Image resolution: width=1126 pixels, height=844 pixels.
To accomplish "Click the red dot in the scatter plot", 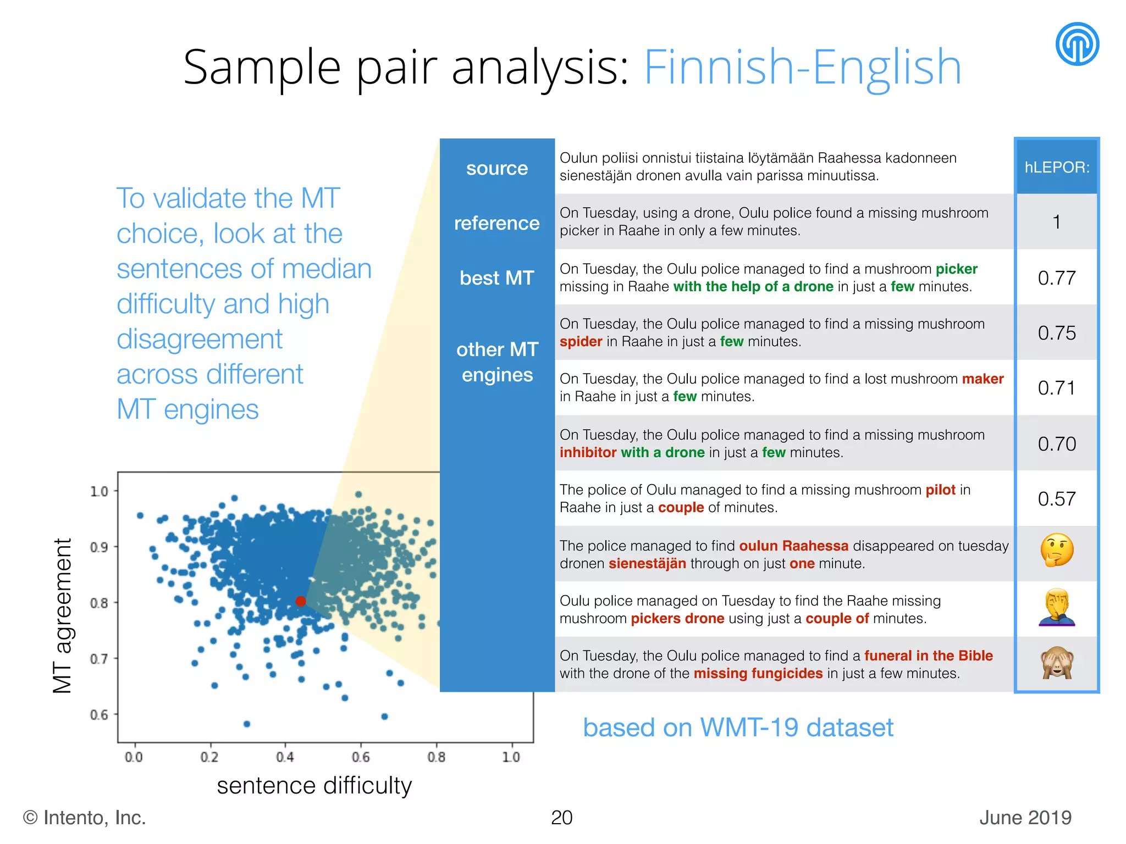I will [300, 601].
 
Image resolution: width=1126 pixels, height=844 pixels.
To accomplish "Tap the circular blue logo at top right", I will [1077, 44].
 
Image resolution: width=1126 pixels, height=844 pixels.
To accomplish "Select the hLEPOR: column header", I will [1057, 167].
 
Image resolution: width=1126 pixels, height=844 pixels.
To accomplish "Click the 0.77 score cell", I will [1057, 278].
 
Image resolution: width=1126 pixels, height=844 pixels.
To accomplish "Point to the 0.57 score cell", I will [1057, 499].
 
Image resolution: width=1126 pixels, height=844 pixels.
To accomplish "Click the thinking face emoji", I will [1057, 551].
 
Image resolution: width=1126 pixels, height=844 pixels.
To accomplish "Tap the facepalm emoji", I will [1057, 608].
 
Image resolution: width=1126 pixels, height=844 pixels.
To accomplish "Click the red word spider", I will [581, 342].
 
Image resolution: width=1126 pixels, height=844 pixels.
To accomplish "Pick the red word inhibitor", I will [588, 453].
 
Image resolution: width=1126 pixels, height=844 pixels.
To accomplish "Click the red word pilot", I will [940, 490].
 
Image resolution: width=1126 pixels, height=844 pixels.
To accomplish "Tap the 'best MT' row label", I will [496, 278].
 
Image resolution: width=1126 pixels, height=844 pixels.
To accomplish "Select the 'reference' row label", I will [496, 223].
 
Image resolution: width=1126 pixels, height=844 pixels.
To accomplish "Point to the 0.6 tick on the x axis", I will [361, 757].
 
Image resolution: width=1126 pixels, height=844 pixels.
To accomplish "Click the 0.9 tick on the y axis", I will [99, 547].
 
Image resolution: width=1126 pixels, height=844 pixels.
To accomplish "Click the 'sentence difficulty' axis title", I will [314, 786].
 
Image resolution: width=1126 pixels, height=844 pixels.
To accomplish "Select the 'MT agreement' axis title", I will [63, 615].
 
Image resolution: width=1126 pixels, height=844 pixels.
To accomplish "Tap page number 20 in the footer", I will [561, 818].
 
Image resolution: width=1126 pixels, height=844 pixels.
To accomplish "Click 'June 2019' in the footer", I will [1025, 818].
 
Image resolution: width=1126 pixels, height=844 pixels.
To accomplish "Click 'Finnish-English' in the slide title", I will [802, 67].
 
